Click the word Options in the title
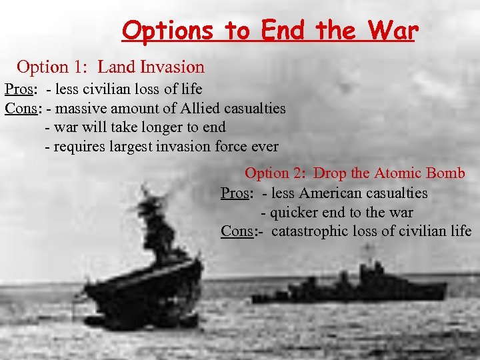pyautogui.click(x=167, y=31)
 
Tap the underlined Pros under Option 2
pyautogui.click(x=235, y=193)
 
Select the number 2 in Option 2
pyautogui.click(x=299, y=173)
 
